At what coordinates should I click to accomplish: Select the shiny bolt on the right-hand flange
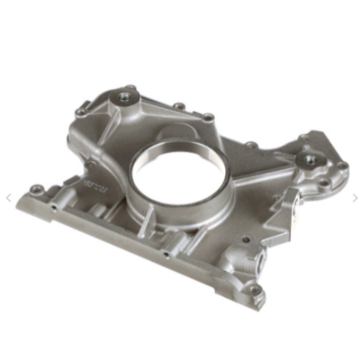[310, 158]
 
